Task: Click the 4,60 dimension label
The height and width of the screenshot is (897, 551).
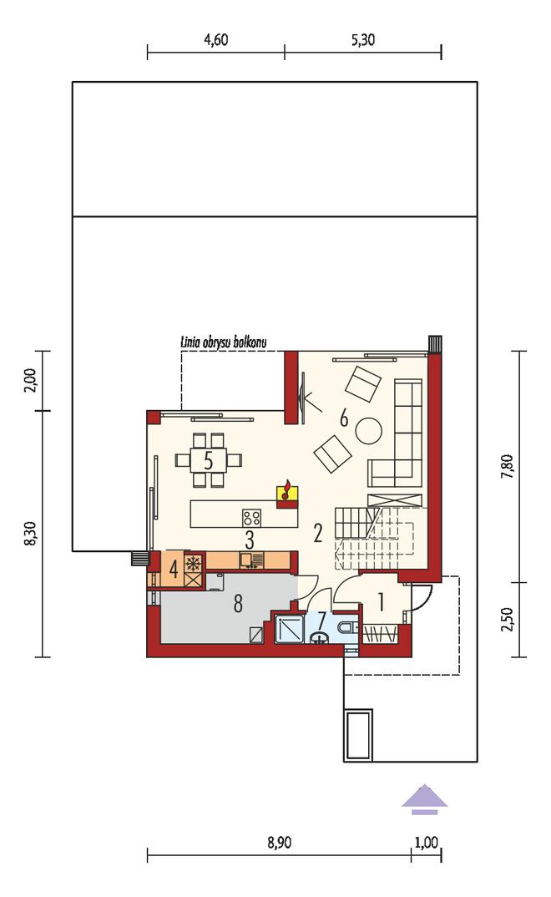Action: [216, 40]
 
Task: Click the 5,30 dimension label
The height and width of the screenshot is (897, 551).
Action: [363, 40]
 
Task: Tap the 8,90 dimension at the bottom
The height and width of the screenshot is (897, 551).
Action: [280, 843]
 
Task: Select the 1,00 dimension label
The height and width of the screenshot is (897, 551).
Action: [426, 843]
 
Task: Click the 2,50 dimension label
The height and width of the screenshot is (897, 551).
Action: [508, 620]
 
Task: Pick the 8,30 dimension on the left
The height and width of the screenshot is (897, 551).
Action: [32, 533]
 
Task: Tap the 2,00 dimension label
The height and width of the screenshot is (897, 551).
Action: [32, 379]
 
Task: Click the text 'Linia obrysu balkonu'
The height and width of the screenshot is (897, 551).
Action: [224, 343]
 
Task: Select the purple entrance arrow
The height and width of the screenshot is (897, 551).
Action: [425, 800]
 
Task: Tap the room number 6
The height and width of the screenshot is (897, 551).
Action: [343, 418]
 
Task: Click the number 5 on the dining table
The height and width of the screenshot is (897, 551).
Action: [208, 460]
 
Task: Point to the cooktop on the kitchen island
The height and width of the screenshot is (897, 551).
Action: [252, 519]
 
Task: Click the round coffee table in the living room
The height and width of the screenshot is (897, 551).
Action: [369, 430]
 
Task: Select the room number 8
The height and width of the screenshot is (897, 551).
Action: [238, 603]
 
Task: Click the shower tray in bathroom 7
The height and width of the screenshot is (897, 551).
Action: [290, 629]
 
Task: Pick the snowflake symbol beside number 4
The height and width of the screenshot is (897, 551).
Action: [193, 562]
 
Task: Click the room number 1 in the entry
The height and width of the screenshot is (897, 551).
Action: [381, 602]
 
